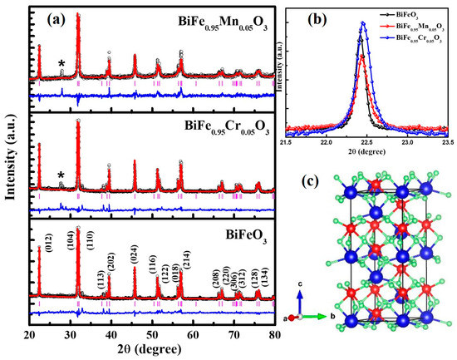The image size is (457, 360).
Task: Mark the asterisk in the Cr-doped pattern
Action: click(x=61, y=175)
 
